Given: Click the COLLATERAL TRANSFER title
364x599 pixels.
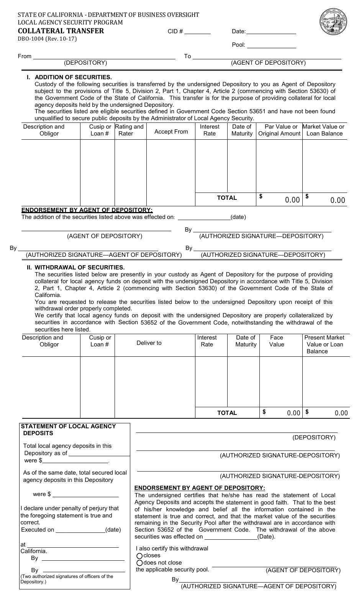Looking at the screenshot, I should [x=61, y=31].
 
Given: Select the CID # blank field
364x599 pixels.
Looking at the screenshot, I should [x=198, y=31].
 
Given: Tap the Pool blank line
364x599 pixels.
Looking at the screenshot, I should [x=271, y=45].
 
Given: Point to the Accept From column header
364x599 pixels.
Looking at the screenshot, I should [x=171, y=132].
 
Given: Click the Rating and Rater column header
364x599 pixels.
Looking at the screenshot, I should [x=130, y=130].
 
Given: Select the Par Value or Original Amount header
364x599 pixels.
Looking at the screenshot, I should [x=279, y=130].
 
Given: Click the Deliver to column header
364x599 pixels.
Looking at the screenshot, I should [x=149, y=343].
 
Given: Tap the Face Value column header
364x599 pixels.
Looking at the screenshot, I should [x=277, y=341].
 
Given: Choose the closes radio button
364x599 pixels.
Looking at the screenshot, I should [x=139, y=556].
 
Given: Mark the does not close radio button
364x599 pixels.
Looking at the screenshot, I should [x=139, y=563].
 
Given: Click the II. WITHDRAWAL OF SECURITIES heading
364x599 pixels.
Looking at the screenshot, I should [x=75, y=268].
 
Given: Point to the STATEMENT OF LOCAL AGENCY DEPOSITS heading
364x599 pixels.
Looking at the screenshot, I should [x=68, y=430].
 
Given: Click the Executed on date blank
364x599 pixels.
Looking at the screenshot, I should [x=80, y=530].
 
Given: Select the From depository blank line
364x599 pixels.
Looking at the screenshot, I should [x=104, y=57].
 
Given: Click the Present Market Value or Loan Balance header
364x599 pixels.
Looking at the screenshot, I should [x=324, y=344].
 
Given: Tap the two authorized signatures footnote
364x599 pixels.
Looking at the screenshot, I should [x=67, y=579].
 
